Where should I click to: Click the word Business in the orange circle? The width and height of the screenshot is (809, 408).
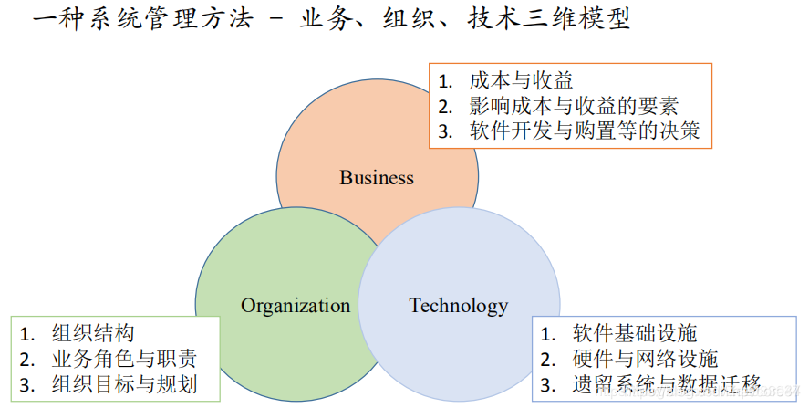pyautogui.click(x=377, y=177)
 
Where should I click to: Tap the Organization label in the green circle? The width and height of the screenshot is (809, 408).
pyautogui.click(x=296, y=306)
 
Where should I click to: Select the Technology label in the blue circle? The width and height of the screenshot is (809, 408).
pyautogui.click(x=458, y=306)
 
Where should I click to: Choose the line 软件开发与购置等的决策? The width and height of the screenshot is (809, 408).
pyautogui.click(x=585, y=131)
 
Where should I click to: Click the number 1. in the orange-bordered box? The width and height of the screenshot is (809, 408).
pyautogui.click(x=446, y=80)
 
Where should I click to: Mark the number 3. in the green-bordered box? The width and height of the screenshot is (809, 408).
pyautogui.click(x=28, y=383)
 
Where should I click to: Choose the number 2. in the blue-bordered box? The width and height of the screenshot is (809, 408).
pyautogui.click(x=549, y=360)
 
